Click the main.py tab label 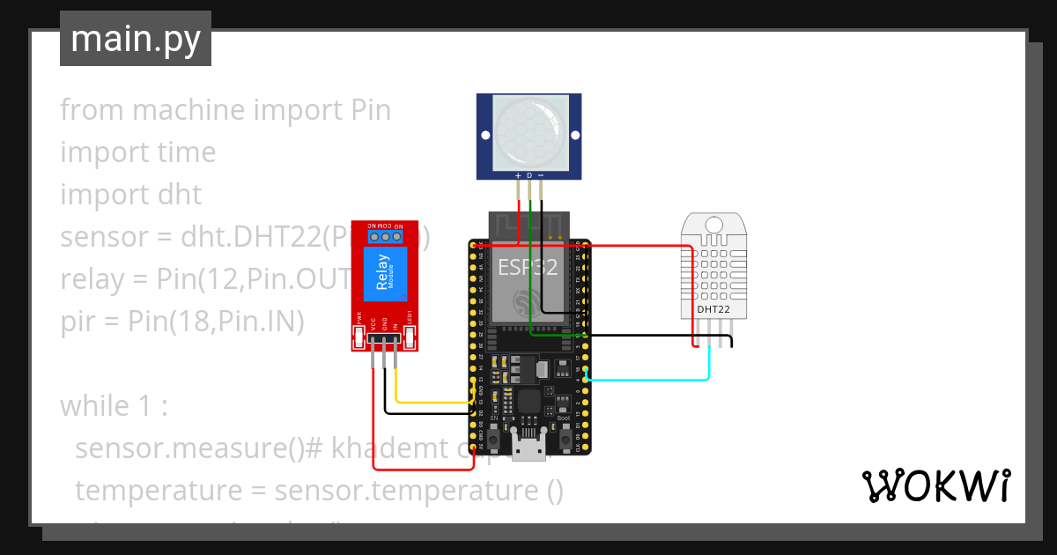(x=135, y=39)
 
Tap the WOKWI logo (x=935, y=485)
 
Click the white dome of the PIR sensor (x=529, y=134)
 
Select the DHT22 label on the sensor (x=713, y=309)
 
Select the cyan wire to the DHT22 (x=652, y=380)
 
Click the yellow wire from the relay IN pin (x=432, y=402)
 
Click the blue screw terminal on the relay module (x=385, y=236)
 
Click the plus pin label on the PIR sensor (x=518, y=175)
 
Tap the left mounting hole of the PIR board (x=484, y=135)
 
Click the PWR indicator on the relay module (x=358, y=336)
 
